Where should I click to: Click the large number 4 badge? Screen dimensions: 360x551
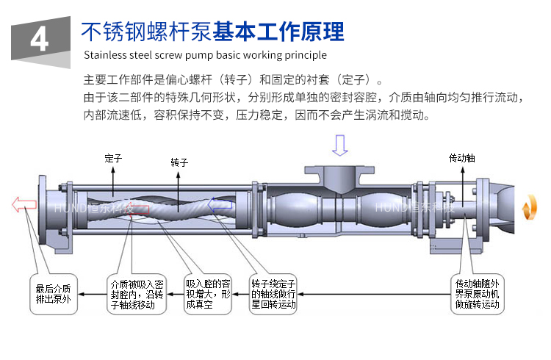pyautogui.click(x=39, y=37)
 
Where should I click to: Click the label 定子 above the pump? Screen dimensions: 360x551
pyautogui.click(x=112, y=157)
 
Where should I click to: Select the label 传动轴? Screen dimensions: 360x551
pyautogui.click(x=461, y=158)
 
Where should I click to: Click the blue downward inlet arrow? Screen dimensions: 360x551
pyautogui.click(x=339, y=145)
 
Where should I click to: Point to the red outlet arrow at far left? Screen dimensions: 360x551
pyautogui.click(x=23, y=204)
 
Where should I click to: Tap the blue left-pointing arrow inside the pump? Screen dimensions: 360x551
pyautogui.click(x=220, y=206)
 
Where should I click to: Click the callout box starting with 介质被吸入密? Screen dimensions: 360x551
pyautogui.click(x=137, y=294)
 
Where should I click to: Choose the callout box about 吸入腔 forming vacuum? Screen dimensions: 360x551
pyautogui.click(x=209, y=294)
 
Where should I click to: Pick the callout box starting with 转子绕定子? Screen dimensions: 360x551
pyautogui.click(x=273, y=294)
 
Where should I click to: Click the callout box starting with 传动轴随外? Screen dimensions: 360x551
pyautogui.click(x=478, y=294)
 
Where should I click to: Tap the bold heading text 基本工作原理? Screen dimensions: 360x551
pyautogui.click(x=279, y=32)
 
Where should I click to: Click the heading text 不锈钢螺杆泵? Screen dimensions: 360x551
pyautogui.click(x=146, y=32)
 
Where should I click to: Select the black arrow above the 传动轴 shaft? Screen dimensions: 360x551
pyautogui.click(x=462, y=176)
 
